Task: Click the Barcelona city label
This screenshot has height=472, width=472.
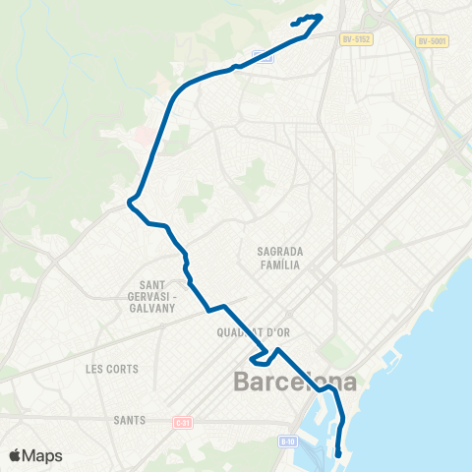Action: pos(295,382)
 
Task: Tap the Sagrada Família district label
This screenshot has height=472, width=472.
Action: pos(278,258)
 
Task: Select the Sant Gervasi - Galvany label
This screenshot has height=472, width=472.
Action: pos(151,296)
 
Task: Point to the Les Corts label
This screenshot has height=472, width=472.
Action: pos(112,370)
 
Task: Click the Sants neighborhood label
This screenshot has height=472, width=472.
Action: pos(129,420)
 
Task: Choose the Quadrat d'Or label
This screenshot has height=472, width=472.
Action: pos(253,332)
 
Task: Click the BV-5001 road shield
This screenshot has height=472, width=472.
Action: pos(431,40)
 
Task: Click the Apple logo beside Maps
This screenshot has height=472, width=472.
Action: pos(15,455)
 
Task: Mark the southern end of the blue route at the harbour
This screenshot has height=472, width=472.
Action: pos(338,454)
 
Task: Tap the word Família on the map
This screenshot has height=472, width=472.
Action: pos(278,265)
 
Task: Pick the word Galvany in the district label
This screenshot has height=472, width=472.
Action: pos(151,308)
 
